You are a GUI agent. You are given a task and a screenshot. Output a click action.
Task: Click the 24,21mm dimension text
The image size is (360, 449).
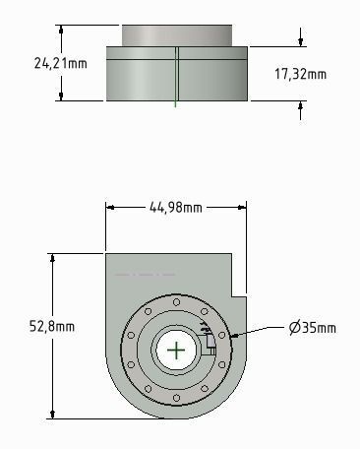pyautogui.click(x=32, y=63)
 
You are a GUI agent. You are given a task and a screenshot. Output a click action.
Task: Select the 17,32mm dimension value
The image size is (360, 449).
pyautogui.click(x=300, y=74)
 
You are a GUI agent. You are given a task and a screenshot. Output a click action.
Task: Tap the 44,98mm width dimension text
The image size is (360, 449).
pyautogui.click(x=175, y=207)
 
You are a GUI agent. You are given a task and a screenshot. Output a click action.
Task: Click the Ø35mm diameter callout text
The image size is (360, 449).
pyautogui.click(x=313, y=327)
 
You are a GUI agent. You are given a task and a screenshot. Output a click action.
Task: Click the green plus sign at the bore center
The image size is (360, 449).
pyautogui.click(x=176, y=350)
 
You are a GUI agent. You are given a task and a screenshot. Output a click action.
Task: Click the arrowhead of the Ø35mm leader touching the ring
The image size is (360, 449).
pyautogui.click(x=234, y=336)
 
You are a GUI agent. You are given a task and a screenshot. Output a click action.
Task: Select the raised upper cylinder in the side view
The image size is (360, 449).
pyautogui.click(x=176, y=34)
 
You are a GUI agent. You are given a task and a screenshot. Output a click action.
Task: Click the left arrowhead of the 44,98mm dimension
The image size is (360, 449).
pyautogui.click(x=110, y=207)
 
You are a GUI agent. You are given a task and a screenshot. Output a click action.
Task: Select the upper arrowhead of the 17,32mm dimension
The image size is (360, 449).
pyautogui.click(x=300, y=41)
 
